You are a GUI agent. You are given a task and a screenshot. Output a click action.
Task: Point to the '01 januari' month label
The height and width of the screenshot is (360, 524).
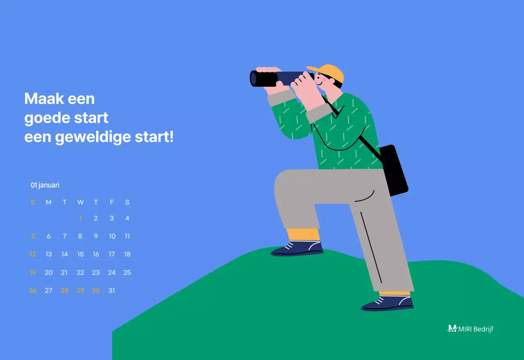45,185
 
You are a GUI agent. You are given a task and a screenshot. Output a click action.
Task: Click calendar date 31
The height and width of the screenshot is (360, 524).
111,290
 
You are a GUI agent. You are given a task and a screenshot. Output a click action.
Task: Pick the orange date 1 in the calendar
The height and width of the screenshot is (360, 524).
80,218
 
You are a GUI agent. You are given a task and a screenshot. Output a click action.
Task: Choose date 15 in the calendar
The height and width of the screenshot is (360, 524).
80,254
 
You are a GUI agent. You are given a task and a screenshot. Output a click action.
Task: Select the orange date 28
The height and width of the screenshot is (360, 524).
65,290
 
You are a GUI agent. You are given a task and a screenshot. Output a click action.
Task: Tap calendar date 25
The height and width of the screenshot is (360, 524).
127,272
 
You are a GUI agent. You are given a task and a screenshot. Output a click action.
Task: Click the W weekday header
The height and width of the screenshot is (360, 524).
80,202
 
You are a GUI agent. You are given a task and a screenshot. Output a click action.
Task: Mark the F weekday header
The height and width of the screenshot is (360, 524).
111,202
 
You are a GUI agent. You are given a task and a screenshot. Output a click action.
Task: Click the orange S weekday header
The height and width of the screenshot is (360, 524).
33,202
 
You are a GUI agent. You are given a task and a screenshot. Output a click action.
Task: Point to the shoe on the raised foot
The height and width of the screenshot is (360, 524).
298,249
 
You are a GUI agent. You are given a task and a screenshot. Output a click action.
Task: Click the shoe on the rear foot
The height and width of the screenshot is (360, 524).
387,304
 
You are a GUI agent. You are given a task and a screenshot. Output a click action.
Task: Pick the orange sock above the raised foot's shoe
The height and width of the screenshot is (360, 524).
303,234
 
